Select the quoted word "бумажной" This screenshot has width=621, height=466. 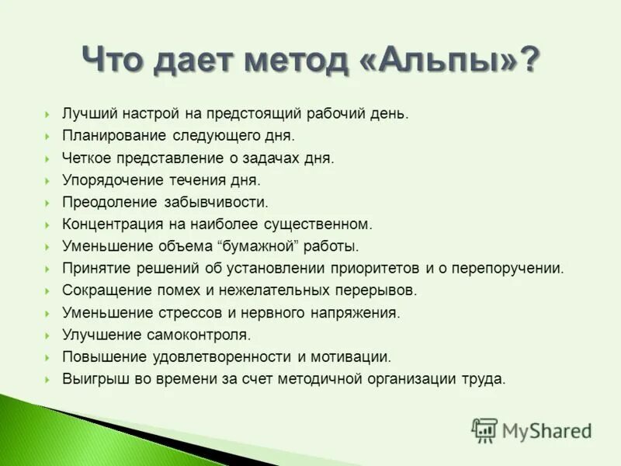tap(255, 246)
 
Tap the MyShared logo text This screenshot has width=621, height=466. tap(546, 429)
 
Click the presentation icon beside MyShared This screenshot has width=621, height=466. tap(484, 429)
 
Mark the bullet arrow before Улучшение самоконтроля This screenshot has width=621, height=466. tap(47, 336)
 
